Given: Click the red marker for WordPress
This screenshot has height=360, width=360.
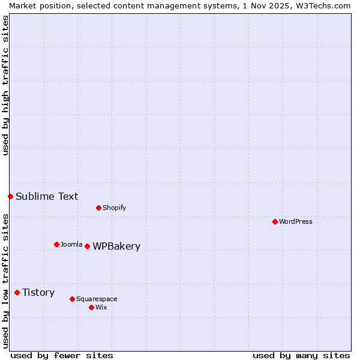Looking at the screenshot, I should point(275,221).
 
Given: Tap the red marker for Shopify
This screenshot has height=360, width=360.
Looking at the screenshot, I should point(98,208).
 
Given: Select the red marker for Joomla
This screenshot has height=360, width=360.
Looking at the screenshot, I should point(56,244).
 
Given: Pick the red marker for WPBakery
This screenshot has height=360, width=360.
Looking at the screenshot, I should point(87,246).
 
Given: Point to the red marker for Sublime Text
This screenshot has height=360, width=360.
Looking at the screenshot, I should point(10,196).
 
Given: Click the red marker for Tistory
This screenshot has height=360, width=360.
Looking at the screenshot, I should point(17,292).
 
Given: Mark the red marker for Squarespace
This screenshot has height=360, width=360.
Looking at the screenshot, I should point(72,299).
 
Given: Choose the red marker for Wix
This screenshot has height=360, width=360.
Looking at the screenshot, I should point(91,307).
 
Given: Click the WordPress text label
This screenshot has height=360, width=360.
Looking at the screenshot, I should point(296,221).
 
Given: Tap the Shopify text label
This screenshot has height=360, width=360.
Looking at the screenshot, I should point(115,208).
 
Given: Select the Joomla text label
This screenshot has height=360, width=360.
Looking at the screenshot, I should point(71,244).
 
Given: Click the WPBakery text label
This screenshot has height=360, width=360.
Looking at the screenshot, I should point(116,246).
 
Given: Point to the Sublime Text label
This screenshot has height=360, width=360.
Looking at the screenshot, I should point(47,196).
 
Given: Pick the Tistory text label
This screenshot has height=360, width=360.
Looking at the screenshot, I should point(38,292).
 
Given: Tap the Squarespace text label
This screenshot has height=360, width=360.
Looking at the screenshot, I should point(97,299).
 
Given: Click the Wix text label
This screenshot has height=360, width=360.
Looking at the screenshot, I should point(101,307).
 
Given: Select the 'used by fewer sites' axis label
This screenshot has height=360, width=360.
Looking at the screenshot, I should point(62,355).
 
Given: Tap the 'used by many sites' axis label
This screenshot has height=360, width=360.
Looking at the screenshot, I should point(301,355).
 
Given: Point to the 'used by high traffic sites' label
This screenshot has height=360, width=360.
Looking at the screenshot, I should point(5,85).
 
